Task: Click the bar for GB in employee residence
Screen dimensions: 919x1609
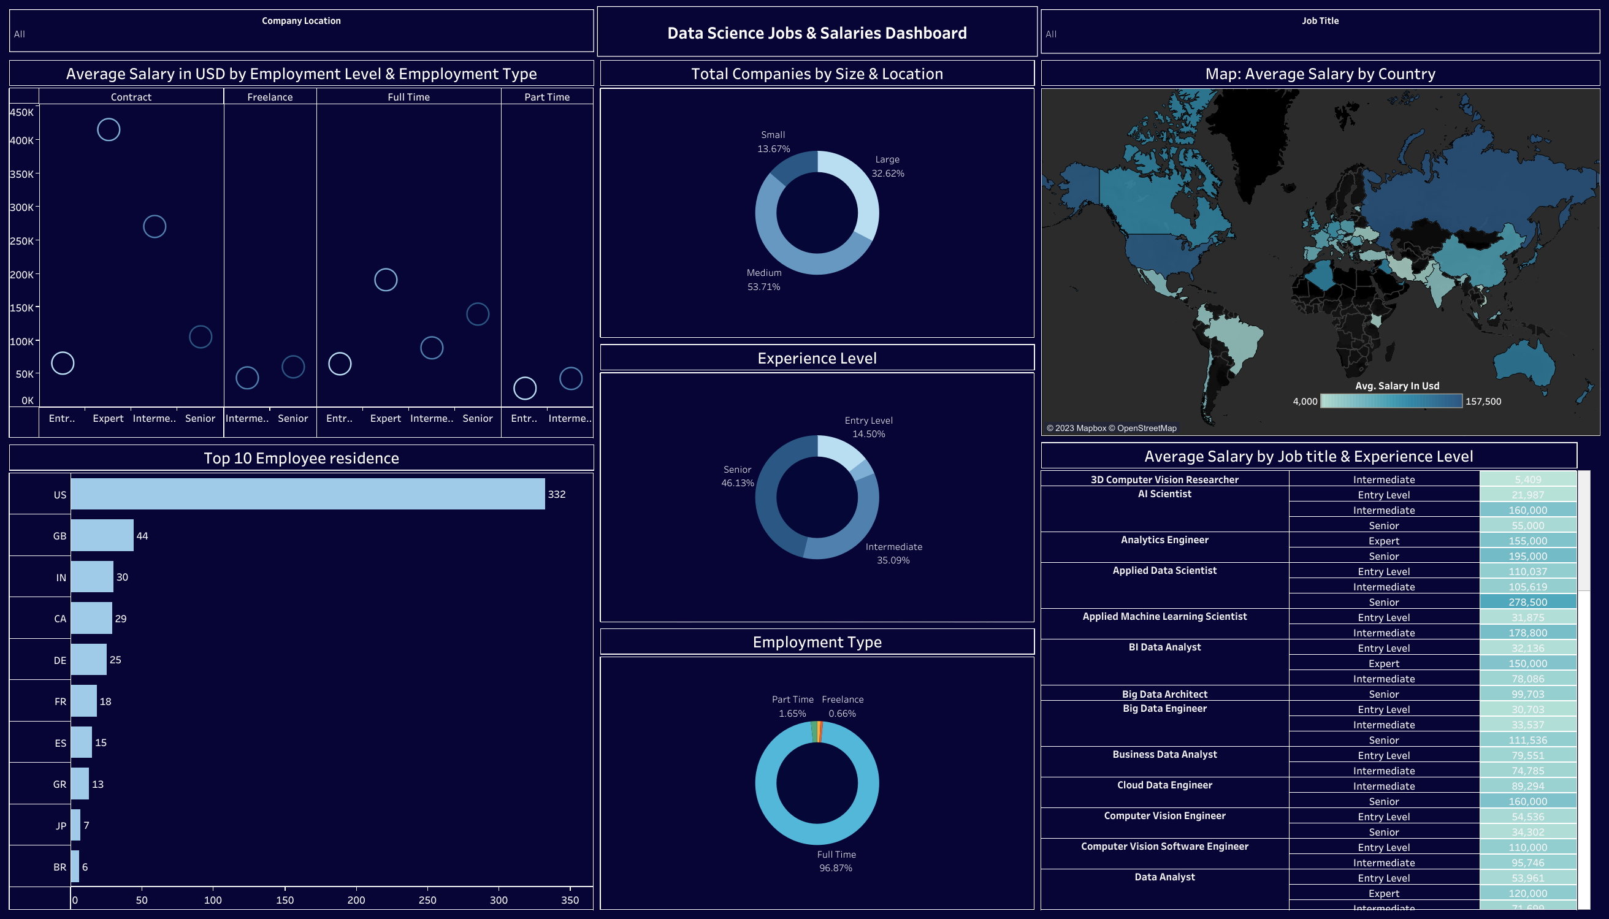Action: [102, 535]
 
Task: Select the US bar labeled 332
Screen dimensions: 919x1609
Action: [307, 494]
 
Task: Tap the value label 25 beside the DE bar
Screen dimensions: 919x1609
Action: [115, 660]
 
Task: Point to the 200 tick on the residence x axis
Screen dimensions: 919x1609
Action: [356, 899]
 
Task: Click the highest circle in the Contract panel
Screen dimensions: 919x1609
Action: [109, 129]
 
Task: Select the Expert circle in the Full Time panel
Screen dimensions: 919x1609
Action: [386, 280]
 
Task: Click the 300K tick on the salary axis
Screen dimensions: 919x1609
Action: [21, 207]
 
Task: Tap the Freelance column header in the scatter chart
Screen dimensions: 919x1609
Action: [270, 97]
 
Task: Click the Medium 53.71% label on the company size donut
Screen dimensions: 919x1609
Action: [764, 280]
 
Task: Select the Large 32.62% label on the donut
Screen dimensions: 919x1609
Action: [887, 166]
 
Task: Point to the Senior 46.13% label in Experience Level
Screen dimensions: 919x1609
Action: [737, 476]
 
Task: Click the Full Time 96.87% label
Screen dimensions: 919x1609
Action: [836, 861]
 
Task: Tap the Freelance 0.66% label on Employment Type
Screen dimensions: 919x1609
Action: [842, 706]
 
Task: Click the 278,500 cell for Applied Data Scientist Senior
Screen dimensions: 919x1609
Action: [1527, 601]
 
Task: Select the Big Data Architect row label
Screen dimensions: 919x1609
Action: [1164, 693]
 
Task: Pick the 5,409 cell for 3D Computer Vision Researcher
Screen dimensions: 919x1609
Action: [1527, 479]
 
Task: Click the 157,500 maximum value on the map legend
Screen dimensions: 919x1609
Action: [1483, 401]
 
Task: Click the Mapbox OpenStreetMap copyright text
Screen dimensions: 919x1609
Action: [1111, 428]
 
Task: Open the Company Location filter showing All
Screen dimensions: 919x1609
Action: [301, 34]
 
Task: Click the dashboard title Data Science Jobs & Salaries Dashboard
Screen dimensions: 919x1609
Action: [817, 33]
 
